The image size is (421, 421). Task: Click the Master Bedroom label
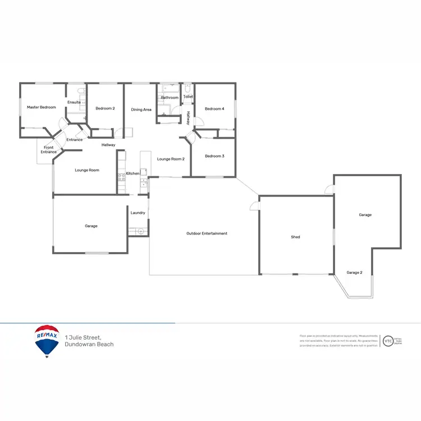point(42,107)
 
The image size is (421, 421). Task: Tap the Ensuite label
point(74,102)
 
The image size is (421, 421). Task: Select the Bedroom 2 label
point(105,108)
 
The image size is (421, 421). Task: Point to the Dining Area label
point(141,109)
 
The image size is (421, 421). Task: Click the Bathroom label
point(170,98)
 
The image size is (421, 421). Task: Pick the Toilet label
point(188,97)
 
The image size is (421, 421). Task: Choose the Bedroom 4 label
point(214,109)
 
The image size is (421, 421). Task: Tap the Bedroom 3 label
point(214,155)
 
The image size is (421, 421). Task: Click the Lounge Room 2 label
point(171,159)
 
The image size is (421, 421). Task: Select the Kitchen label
point(132,173)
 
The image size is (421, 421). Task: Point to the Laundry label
point(138,213)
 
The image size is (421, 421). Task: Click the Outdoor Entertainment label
point(207,234)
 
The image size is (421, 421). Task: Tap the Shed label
point(295,237)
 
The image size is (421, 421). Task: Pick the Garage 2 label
point(354,272)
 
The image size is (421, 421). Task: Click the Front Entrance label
point(49,150)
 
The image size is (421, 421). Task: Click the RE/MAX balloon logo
point(47,340)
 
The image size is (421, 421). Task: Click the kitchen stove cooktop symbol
point(121,179)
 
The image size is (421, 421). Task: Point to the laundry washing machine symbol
point(140,231)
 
